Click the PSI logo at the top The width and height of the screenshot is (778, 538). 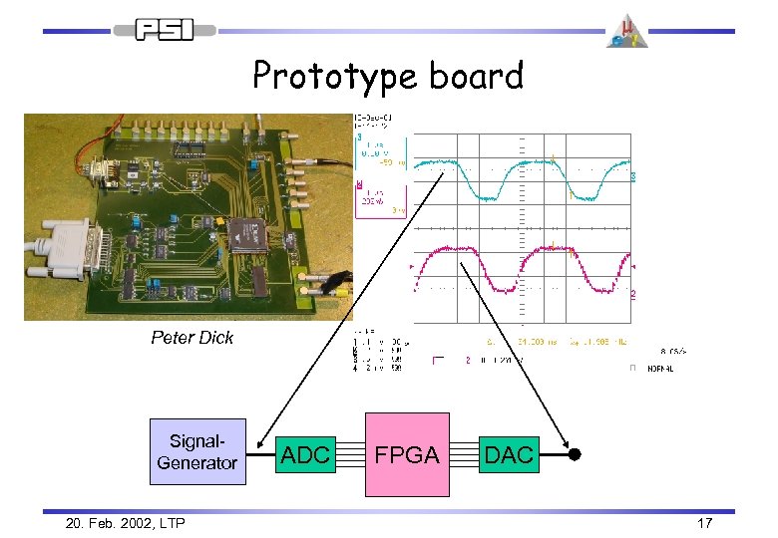164,30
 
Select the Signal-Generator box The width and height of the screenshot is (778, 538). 197,451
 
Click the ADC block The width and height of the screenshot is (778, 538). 305,455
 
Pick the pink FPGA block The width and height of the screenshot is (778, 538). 407,454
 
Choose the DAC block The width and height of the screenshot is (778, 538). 509,455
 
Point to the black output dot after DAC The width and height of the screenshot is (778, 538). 574,455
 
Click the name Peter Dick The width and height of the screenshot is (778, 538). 192,338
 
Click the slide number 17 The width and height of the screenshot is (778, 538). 704,522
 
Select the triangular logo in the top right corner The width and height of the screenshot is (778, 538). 628,30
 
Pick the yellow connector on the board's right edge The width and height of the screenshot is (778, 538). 337,289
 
